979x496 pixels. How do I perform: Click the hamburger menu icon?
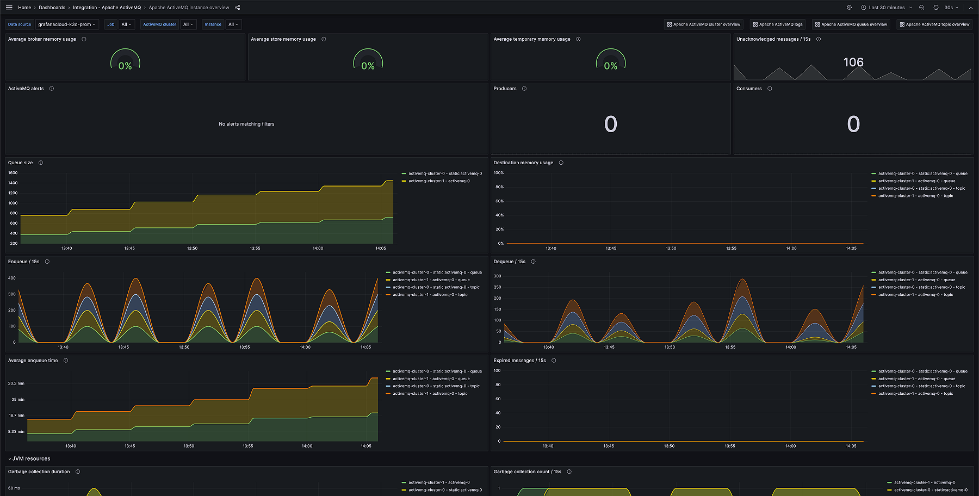[x=9, y=8]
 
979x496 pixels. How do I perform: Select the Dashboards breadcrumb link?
[x=52, y=8]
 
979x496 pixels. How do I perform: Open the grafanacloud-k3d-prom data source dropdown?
[x=67, y=24]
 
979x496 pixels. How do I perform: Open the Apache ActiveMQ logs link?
[x=777, y=24]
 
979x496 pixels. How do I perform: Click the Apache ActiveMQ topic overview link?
[x=934, y=24]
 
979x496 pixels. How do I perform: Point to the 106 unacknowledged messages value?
[x=853, y=63]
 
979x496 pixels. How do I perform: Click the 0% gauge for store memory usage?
[x=368, y=65]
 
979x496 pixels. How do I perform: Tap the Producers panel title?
[x=505, y=89]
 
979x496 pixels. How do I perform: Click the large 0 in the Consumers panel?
[x=853, y=125]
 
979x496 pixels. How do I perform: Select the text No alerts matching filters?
[x=246, y=124]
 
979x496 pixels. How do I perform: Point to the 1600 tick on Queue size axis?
[x=13, y=173]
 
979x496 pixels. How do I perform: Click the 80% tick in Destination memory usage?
[x=499, y=187]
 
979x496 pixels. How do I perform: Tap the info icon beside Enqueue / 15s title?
[x=47, y=262]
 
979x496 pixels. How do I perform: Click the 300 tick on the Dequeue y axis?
[x=497, y=276]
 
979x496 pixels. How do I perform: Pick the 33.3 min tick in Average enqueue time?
[x=16, y=383]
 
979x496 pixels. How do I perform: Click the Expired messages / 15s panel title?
[x=519, y=361]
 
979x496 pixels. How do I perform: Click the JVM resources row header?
[x=31, y=458]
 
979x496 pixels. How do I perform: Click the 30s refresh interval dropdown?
[x=951, y=8]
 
